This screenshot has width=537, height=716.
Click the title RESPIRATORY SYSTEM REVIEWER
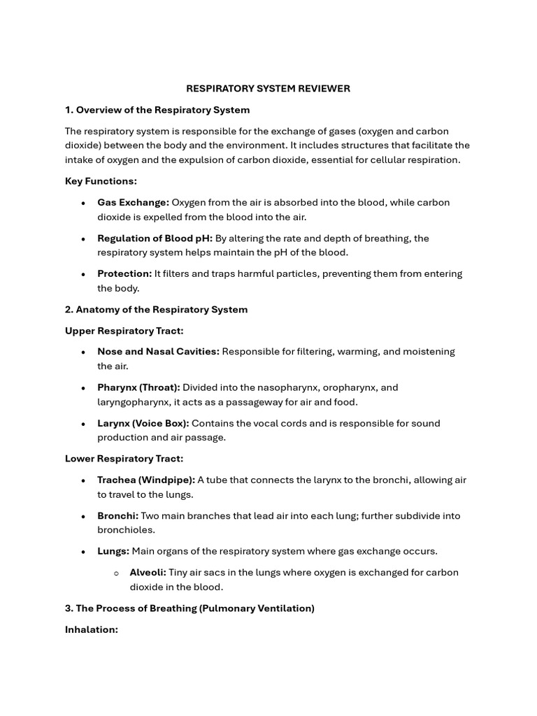(x=268, y=89)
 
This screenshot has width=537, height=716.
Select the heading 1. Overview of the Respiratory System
(x=157, y=110)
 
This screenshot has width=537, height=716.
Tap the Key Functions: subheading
(x=101, y=181)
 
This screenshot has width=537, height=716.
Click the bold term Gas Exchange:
(x=133, y=202)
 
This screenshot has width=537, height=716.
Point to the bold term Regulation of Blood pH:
(x=155, y=238)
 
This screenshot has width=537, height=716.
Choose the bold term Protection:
(x=124, y=273)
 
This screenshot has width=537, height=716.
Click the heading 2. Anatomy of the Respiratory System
(x=156, y=309)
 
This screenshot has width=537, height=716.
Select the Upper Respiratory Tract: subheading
(x=124, y=331)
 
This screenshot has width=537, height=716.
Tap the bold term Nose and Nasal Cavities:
(x=158, y=352)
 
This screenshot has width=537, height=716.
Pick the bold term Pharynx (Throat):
(x=138, y=387)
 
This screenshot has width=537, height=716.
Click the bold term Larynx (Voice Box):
(x=143, y=423)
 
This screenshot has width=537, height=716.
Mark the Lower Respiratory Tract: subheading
(x=124, y=459)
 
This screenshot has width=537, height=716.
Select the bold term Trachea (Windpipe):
(x=145, y=480)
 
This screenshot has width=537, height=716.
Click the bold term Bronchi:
(x=117, y=516)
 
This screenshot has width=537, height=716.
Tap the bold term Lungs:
(x=113, y=551)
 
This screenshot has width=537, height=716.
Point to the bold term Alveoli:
(x=148, y=573)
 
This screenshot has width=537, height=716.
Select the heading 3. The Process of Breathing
(x=189, y=608)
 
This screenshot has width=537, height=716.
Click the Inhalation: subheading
(x=92, y=629)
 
